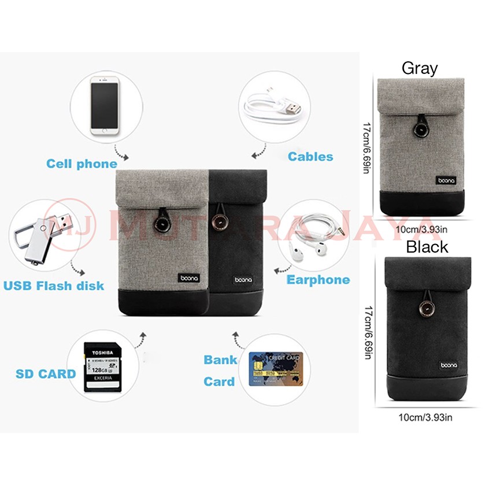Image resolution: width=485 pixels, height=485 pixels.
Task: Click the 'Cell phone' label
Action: pos(82,164)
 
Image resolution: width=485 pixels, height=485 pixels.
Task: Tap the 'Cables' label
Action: pos(310,157)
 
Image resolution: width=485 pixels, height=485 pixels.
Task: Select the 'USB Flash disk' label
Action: pos(54,286)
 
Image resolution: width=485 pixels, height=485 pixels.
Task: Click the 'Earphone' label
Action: pos(318,280)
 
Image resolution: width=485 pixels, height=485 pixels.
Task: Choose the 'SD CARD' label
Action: pos(46,373)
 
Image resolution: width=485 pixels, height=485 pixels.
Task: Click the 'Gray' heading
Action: pos(420,68)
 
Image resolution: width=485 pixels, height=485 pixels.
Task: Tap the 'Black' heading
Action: pos(427,247)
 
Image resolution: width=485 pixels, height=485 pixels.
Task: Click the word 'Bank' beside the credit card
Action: pos(220,360)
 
